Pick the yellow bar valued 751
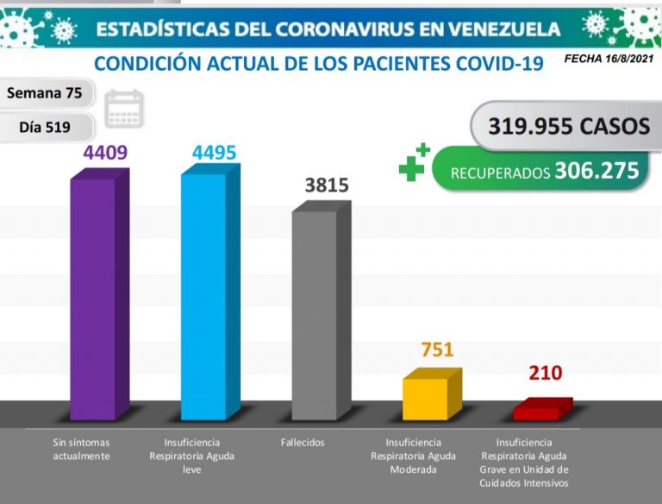coord(425,398)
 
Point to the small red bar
coord(536,411)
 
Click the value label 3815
coord(328,186)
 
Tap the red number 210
coord(545,373)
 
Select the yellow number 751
coord(437,350)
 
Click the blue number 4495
coord(214,153)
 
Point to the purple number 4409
coord(105,153)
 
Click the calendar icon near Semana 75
coord(125,109)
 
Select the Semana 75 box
coord(45,93)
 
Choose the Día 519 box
coord(45,127)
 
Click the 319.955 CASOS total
coord(569,126)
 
